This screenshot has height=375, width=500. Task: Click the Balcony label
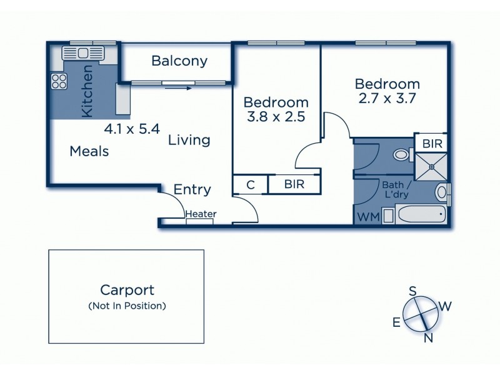pos(179,61)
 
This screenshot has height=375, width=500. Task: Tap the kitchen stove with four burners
pos(59,80)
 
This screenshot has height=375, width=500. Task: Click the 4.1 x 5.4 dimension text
pos(132,130)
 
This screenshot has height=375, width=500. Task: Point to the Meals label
pos(89,151)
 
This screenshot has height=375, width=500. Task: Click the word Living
pos(189,140)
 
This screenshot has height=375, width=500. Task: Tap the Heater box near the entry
pos(201,214)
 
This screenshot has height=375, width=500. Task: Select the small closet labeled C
pos(250,184)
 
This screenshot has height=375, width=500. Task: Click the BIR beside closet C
pos(294,184)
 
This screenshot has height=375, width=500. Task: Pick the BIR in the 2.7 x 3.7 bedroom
pos(432,144)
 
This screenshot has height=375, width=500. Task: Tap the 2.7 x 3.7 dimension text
pos(387,97)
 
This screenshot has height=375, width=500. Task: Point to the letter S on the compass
pos(412,291)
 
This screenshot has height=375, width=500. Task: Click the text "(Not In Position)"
pos(127,306)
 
